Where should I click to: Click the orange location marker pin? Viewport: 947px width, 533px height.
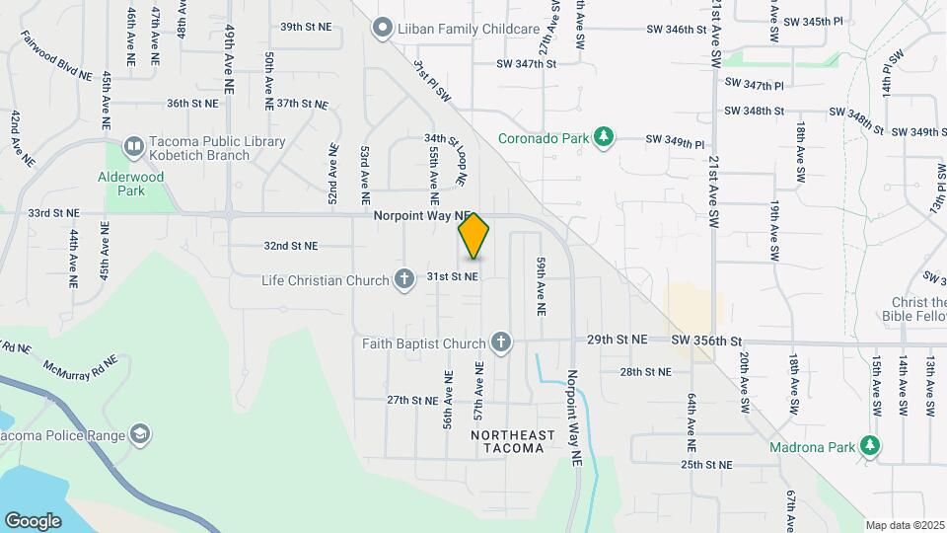pyautogui.click(x=473, y=236)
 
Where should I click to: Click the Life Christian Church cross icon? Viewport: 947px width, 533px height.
pyautogui.click(x=403, y=280)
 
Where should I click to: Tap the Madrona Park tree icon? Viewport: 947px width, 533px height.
pyautogui.click(x=869, y=445)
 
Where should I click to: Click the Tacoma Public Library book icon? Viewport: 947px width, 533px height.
pyautogui.click(x=133, y=147)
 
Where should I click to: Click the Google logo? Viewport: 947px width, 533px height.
pyautogui.click(x=33, y=520)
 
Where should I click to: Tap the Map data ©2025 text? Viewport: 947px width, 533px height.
pyautogui.click(x=904, y=525)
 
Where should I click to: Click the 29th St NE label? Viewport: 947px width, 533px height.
pyautogui.click(x=617, y=340)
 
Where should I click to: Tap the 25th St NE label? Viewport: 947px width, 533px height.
pyautogui.click(x=706, y=464)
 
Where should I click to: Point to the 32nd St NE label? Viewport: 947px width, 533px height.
pyautogui.click(x=291, y=246)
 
